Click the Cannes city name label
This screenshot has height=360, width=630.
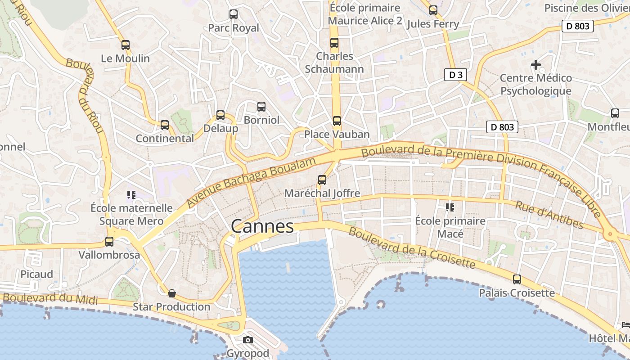point(262,226)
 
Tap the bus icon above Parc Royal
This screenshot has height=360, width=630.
point(234,14)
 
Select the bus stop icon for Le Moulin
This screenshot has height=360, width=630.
point(126,45)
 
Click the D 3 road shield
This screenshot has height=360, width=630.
point(456,75)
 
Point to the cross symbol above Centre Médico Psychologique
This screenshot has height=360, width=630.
point(536,65)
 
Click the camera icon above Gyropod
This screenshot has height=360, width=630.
point(248,340)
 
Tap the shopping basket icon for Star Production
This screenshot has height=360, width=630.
point(172,294)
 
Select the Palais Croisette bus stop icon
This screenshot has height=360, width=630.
point(517,279)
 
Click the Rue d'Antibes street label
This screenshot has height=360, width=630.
point(549,215)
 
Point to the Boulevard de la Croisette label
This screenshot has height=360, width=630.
point(412,248)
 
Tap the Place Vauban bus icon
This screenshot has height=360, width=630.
point(337,121)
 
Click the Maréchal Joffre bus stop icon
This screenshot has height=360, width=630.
point(322,180)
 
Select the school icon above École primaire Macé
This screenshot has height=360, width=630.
point(450,207)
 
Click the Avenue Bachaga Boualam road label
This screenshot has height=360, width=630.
point(249,183)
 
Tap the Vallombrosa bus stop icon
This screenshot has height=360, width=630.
point(109,242)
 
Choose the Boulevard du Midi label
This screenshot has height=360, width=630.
point(50,298)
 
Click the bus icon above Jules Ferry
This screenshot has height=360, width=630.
point(433,10)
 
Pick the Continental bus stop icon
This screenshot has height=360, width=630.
point(165,125)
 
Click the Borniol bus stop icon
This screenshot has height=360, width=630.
point(261,107)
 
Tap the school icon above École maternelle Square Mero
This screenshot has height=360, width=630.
point(131,195)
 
